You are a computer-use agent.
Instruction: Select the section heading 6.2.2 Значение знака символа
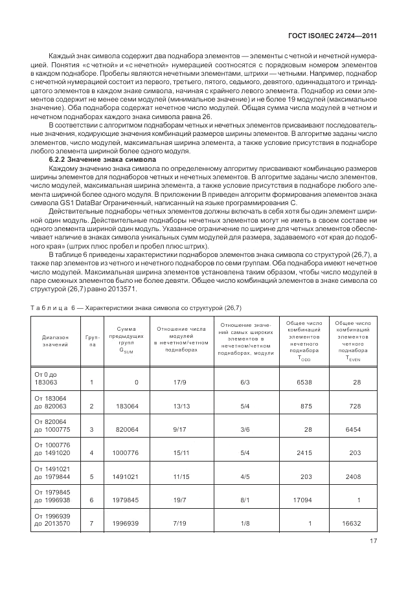pos(102,159)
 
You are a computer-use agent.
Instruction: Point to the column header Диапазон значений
pos(55,341)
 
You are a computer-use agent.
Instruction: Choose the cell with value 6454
pos(350,429)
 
